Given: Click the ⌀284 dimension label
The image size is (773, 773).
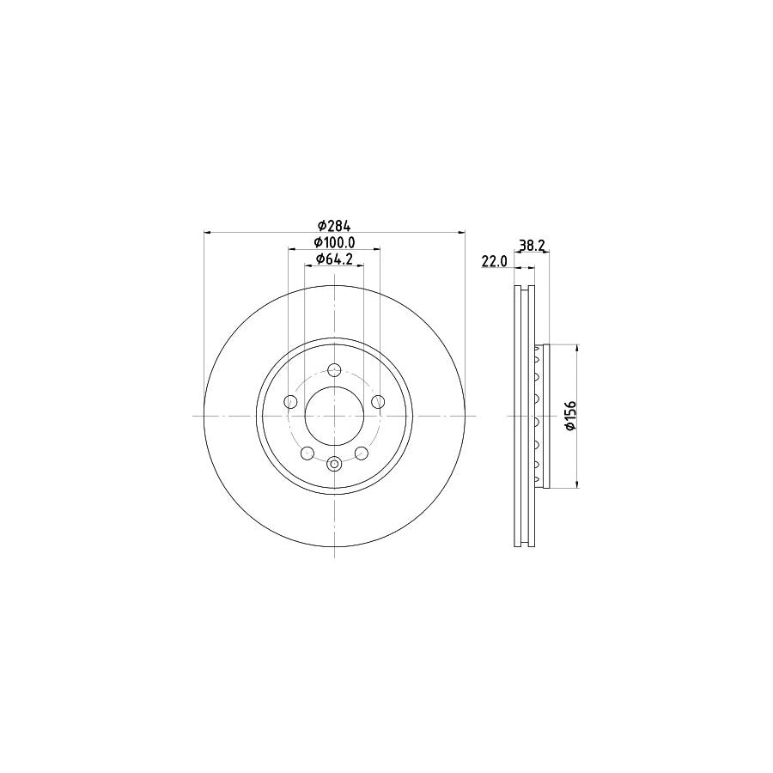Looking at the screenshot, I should [x=335, y=225].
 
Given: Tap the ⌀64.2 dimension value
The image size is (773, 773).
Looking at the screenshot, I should [x=335, y=259].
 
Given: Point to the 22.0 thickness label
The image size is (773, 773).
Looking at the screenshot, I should [x=496, y=261].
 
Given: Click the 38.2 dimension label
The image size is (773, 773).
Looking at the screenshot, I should [x=533, y=245].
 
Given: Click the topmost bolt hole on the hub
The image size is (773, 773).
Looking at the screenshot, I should [x=335, y=371].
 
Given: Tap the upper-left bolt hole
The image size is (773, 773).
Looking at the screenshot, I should [x=291, y=402].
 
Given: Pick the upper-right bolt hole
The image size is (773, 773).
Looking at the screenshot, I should [x=378, y=402].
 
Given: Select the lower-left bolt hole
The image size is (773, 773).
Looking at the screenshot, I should [x=307, y=453].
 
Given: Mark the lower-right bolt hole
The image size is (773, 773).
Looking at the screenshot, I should [x=362, y=453].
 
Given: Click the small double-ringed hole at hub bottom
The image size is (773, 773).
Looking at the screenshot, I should [x=335, y=465].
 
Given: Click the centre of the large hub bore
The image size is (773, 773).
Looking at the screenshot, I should [x=335, y=416].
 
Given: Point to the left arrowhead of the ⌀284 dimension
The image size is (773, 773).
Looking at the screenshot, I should [x=206, y=232].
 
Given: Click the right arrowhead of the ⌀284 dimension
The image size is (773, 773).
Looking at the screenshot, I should [x=463, y=232].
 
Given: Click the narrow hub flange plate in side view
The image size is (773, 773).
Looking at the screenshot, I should [x=542, y=416].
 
